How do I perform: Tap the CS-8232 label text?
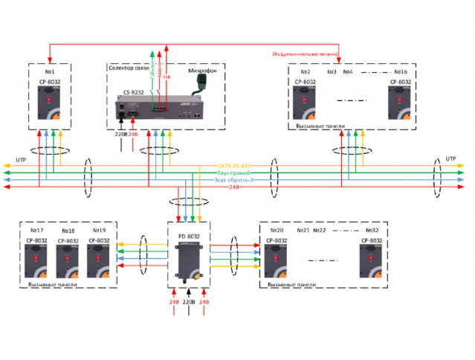point(135,93)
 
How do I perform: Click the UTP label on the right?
point(450,159)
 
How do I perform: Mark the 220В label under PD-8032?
point(189,303)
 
